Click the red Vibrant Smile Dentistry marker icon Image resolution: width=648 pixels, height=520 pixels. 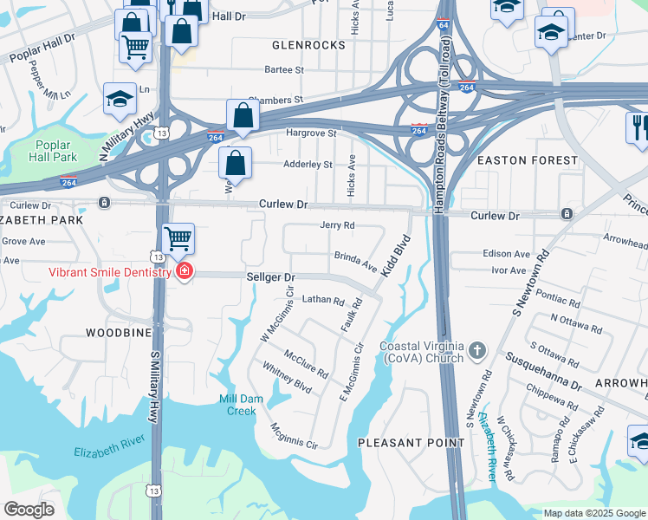point(184,272)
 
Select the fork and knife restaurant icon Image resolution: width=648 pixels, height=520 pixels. point(638,127)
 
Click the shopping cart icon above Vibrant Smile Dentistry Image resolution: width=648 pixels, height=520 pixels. point(178,237)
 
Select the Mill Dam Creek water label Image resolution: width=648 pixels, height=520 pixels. point(237,405)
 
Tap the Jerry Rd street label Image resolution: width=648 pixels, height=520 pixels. point(338,225)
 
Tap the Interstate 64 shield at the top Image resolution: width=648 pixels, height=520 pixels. point(443,24)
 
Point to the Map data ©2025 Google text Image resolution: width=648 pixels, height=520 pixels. point(593,513)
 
